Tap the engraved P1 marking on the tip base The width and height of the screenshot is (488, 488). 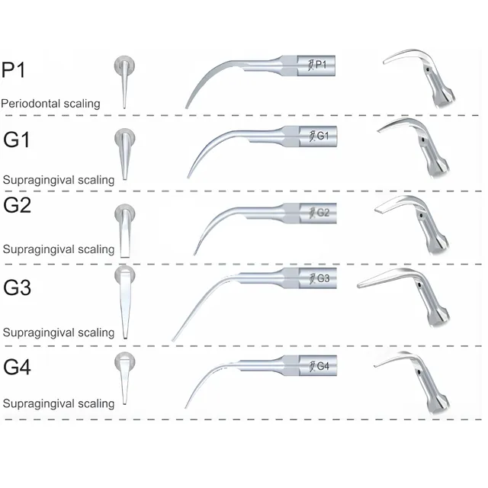[318, 66]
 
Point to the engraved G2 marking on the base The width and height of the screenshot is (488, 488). [320, 212]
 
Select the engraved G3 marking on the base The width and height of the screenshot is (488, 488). [320, 278]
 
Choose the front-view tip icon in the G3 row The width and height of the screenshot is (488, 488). [124, 300]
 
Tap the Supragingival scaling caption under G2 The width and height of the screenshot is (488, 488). [59, 249]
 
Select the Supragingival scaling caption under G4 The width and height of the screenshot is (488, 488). [59, 403]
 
